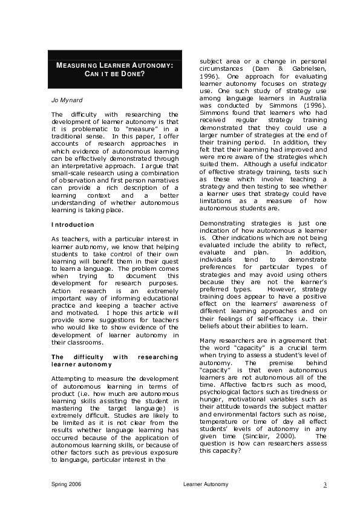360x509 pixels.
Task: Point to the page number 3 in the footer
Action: point(325,485)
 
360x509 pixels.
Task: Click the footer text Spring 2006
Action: point(66,485)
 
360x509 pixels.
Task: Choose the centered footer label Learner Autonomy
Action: point(206,485)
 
